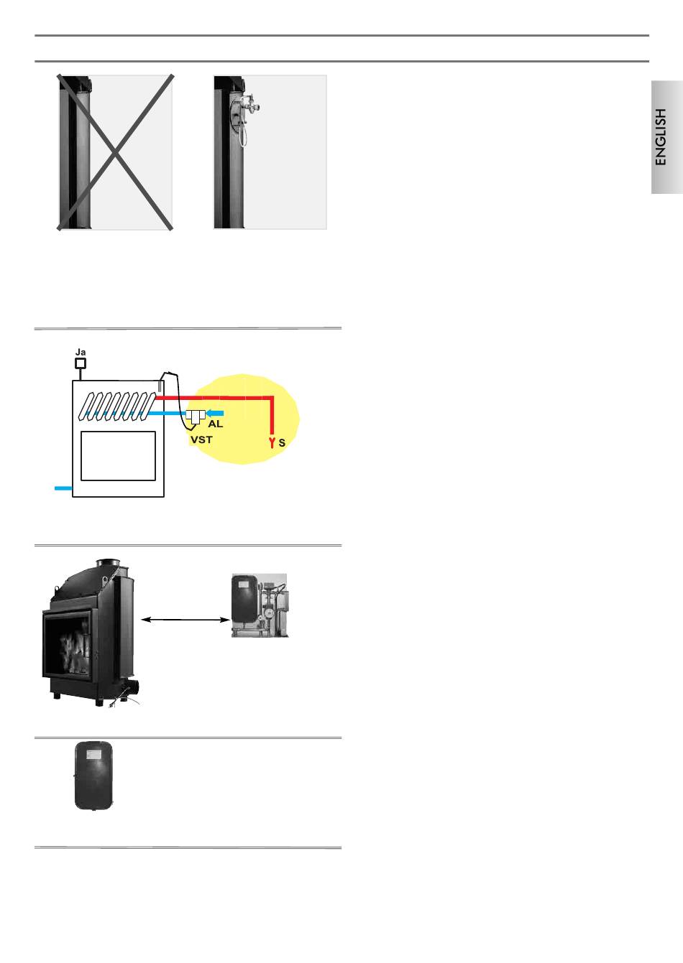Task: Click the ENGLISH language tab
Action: pyautogui.click(x=667, y=137)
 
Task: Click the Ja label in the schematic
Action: pyautogui.click(x=81, y=352)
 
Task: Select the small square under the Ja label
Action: pyautogui.click(x=81, y=363)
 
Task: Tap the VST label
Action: pyautogui.click(x=201, y=439)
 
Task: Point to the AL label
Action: pyautogui.click(x=215, y=424)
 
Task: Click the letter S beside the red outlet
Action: pyautogui.click(x=282, y=444)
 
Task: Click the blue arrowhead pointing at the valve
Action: pyautogui.click(x=211, y=413)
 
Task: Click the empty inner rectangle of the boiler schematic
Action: pyautogui.click(x=119, y=455)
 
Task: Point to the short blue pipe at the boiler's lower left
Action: pyautogui.click(x=63, y=488)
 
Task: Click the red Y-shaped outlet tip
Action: pyautogui.click(x=272, y=442)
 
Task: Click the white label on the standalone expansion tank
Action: pyautogui.click(x=94, y=754)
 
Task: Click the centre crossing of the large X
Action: pyautogui.click(x=115, y=152)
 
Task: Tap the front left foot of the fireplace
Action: pyautogui.click(x=55, y=695)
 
